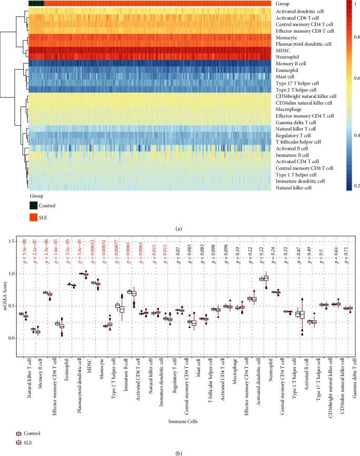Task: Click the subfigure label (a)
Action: click(x=179, y=229)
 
